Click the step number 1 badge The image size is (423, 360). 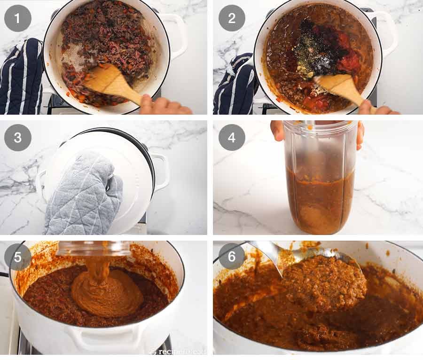(x=18, y=18)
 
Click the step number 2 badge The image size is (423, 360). (x=232, y=18)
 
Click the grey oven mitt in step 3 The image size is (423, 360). (x=82, y=193)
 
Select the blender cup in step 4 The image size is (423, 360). (x=320, y=179)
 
